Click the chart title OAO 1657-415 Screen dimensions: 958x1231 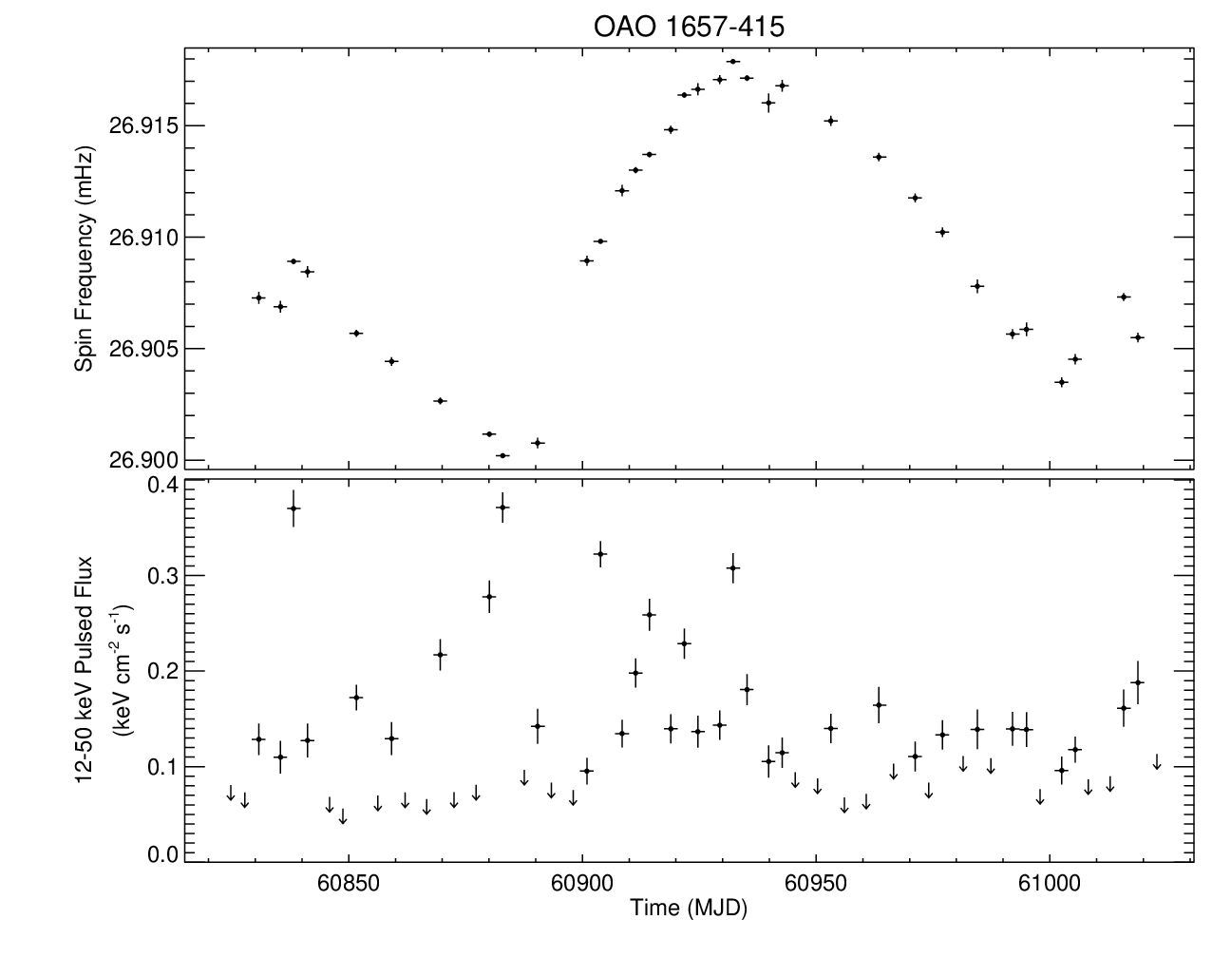coord(689,27)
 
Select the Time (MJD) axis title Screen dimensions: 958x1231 coord(689,909)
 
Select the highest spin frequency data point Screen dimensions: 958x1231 coord(732,62)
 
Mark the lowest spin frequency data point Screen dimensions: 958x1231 coord(502,456)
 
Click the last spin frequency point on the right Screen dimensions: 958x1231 coord(1137,337)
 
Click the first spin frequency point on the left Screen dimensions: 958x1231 coord(258,297)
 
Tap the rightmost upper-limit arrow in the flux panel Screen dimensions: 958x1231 coord(1156,761)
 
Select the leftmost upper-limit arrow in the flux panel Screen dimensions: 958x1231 coord(230,794)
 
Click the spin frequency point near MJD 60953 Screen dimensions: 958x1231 coord(830,121)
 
